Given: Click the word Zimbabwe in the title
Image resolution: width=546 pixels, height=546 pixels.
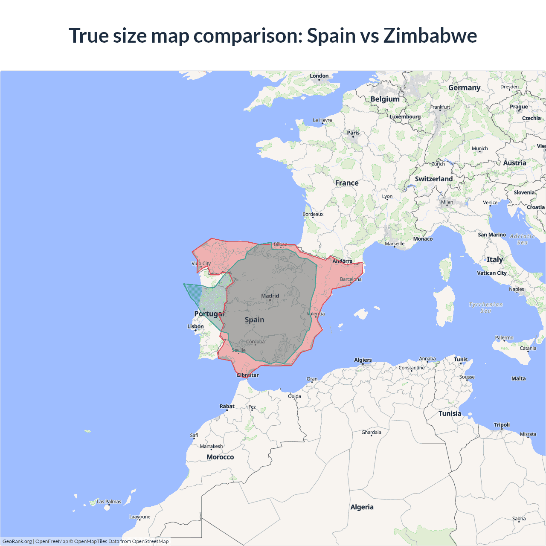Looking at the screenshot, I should (x=430, y=35).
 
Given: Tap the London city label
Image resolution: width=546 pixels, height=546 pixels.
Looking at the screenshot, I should (x=319, y=76).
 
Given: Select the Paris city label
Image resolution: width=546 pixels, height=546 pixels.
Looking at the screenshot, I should (x=353, y=133).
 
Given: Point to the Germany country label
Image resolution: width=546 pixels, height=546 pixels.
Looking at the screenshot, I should (x=464, y=87).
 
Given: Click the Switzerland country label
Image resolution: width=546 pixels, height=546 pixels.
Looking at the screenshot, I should (x=434, y=179).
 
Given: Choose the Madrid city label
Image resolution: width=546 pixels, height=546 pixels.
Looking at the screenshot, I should (x=270, y=296).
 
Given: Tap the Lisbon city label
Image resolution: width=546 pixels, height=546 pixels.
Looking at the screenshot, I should (x=195, y=326).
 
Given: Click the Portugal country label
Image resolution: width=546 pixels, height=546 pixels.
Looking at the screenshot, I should (x=209, y=314).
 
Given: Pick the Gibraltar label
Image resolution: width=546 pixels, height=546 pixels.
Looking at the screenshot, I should (x=247, y=375).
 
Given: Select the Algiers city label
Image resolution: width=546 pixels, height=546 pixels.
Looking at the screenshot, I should (x=363, y=360).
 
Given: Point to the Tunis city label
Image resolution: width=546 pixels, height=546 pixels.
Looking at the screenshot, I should (x=461, y=360).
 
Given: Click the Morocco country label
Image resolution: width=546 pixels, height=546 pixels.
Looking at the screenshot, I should (x=220, y=457).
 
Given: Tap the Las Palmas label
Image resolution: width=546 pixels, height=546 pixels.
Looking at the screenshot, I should (x=109, y=502).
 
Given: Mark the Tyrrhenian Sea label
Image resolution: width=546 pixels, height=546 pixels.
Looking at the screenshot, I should (x=486, y=308).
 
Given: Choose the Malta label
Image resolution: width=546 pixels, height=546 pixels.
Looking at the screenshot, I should (x=518, y=378).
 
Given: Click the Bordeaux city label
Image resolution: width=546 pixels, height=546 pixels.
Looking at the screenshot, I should (x=313, y=214).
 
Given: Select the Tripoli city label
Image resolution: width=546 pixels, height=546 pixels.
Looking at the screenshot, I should (x=502, y=425).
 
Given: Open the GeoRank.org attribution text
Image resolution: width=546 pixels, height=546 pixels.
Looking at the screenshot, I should (x=17, y=541).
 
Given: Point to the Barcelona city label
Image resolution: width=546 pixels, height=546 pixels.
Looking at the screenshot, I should (x=351, y=279).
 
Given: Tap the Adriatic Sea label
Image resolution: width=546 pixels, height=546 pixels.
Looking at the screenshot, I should (x=522, y=239).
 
